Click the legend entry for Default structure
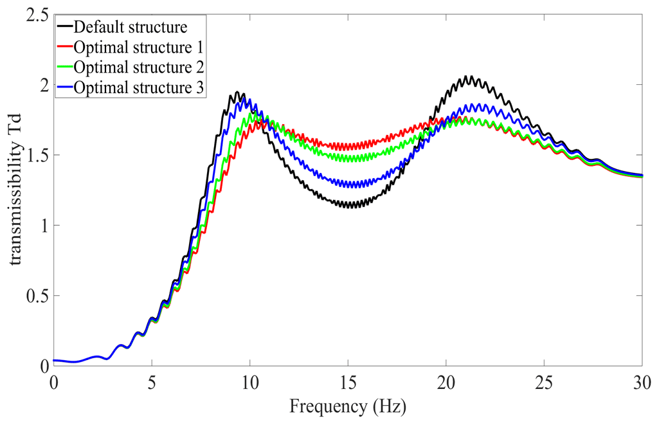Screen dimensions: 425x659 131,27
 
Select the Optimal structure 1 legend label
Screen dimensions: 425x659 139,47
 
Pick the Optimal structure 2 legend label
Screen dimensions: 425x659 139,67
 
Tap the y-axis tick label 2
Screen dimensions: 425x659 42,85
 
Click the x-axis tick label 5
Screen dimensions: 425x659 152,380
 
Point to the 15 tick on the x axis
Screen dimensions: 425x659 348,380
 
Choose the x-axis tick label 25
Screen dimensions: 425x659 544,380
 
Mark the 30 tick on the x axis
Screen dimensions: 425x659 642,380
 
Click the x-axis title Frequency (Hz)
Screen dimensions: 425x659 348,406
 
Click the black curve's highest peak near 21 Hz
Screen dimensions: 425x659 470,77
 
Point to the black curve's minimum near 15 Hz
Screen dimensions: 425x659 350,206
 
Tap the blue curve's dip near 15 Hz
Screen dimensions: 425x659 350,185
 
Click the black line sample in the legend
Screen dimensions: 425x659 64,27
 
